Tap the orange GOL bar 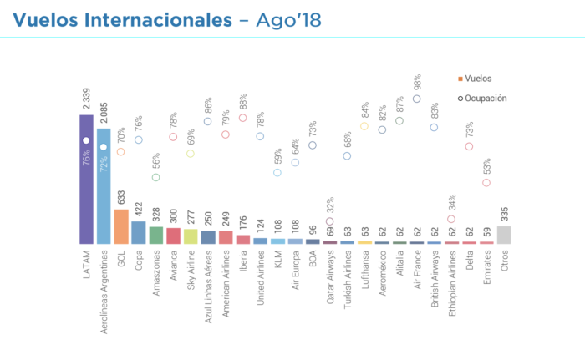pos(121,226)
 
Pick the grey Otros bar pos(505,235)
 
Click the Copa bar pos(139,232)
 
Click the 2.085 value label pos(104,114)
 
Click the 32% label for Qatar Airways pos(330,205)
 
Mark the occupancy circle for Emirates pos(487,182)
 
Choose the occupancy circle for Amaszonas pos(156,177)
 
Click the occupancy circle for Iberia pos(243,118)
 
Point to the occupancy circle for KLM pos(277,173)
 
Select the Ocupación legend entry pos(482,98)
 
